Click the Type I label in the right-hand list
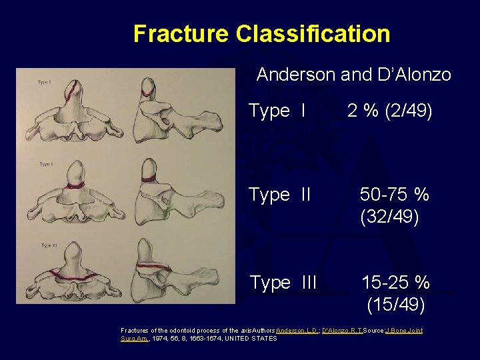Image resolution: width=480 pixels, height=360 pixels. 277,111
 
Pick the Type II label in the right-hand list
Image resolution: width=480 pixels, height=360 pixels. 279,195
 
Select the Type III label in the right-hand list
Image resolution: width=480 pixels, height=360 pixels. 283,283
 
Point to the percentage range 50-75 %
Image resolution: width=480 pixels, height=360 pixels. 395,195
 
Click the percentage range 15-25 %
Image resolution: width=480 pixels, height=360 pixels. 395,283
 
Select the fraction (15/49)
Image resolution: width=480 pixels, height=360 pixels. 396,305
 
